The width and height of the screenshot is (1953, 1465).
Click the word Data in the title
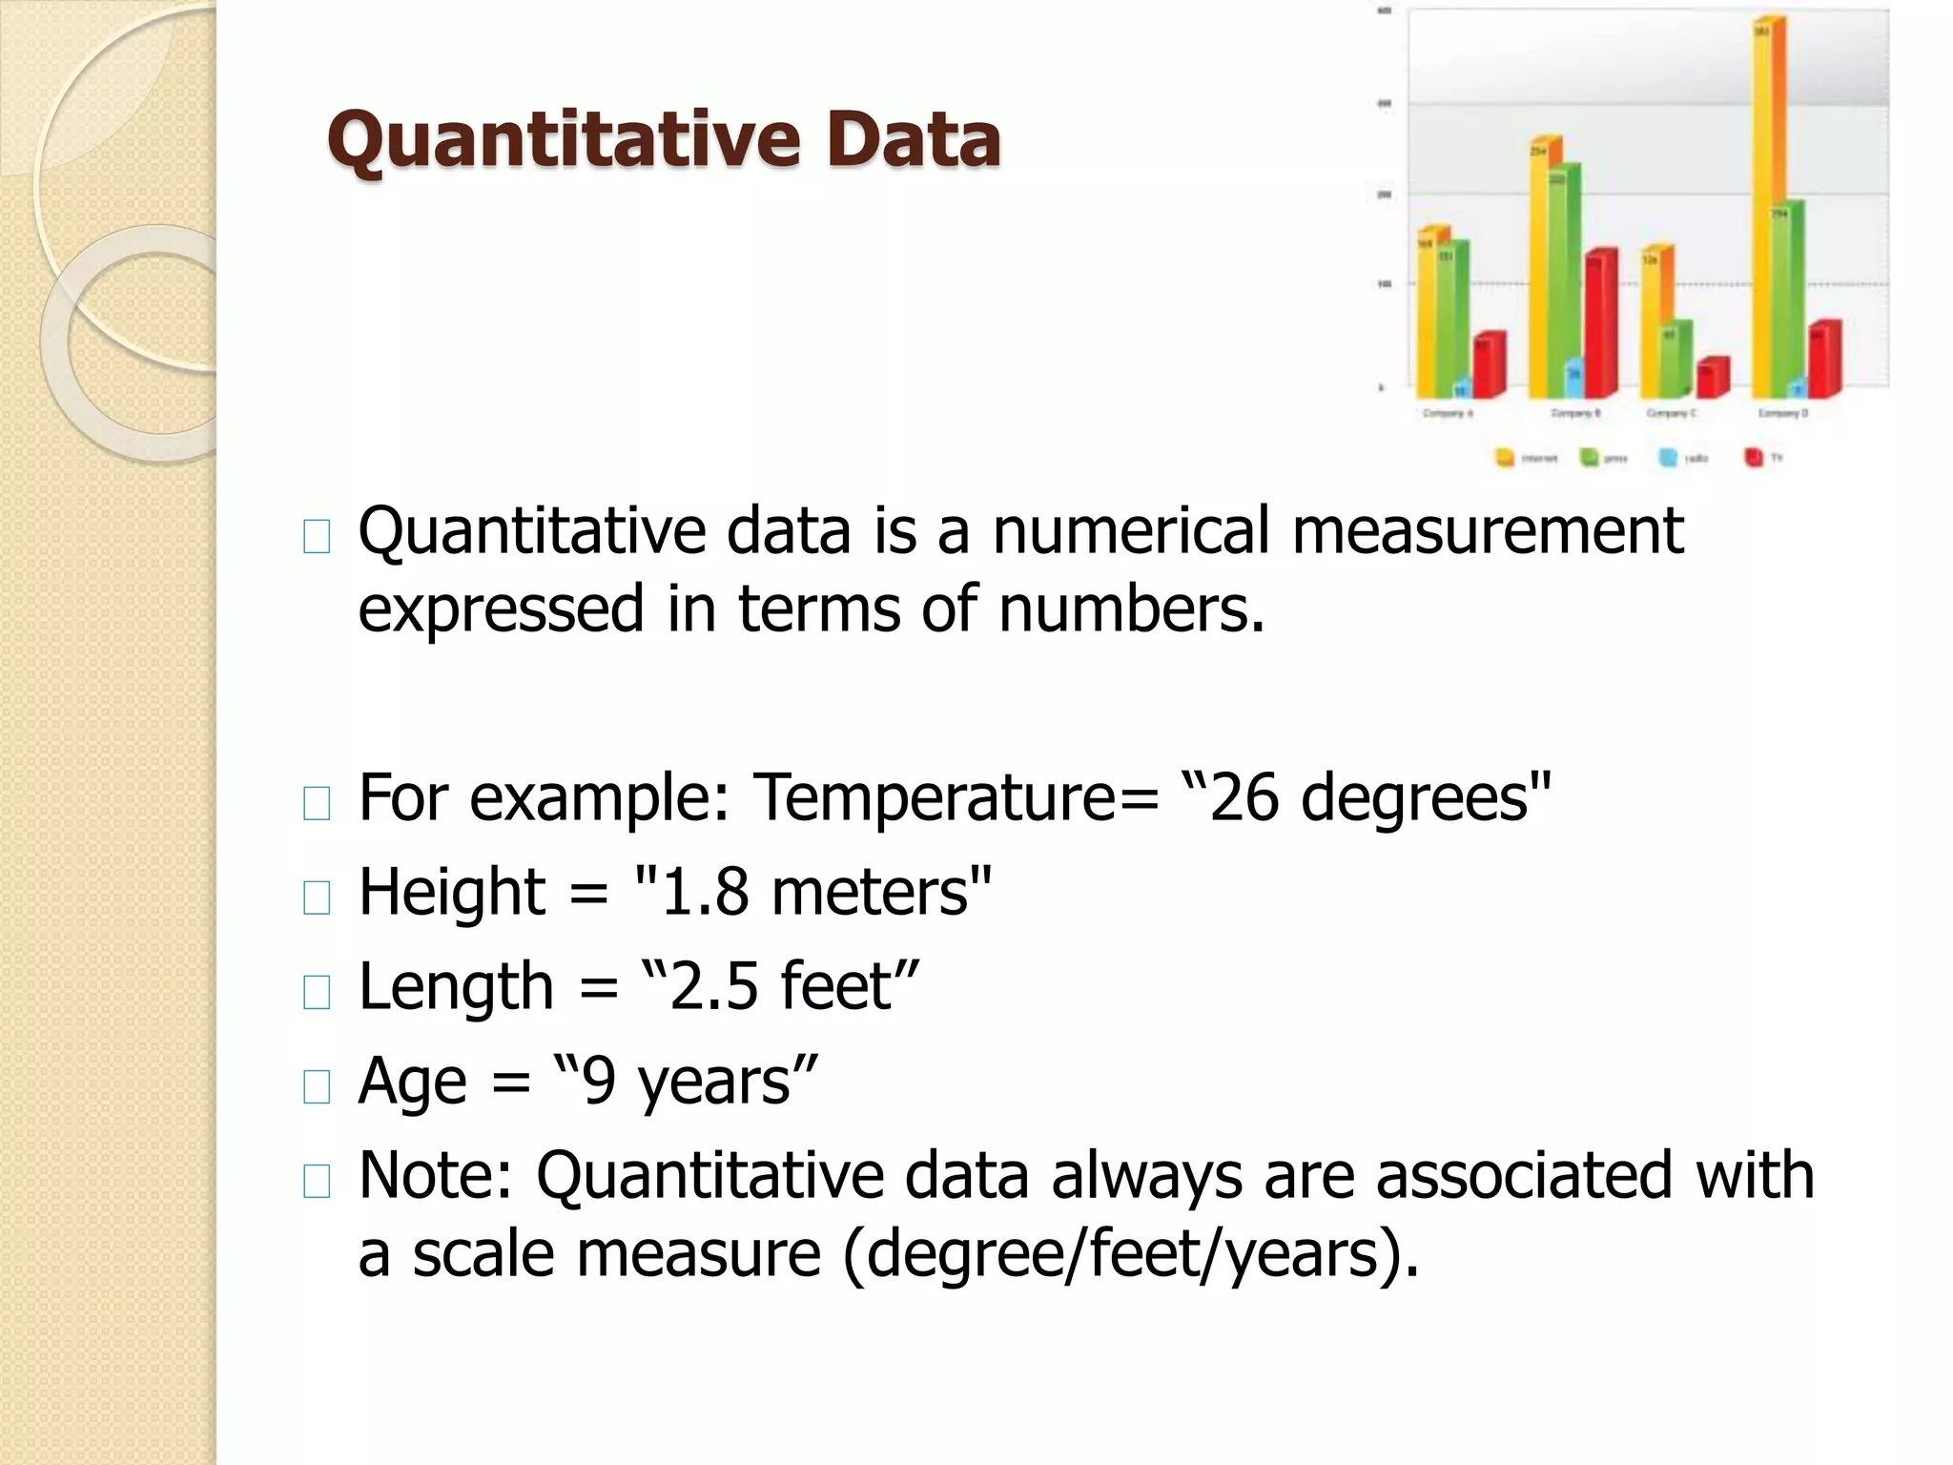tap(914, 140)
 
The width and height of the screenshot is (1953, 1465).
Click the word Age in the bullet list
tap(412, 1082)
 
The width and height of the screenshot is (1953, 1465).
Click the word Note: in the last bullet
tap(436, 1175)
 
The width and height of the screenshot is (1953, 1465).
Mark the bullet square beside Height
tap(316, 898)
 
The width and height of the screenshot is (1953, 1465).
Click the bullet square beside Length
tap(316, 993)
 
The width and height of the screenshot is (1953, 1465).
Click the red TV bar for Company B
tap(1599, 324)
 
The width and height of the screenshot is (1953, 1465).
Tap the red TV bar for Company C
tap(1711, 378)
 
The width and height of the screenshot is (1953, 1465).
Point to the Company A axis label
tap(1448, 414)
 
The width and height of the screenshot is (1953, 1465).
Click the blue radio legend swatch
tap(1668, 459)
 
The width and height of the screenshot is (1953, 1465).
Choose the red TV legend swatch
tap(1753, 459)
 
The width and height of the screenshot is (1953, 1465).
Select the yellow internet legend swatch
tap(1505, 459)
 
